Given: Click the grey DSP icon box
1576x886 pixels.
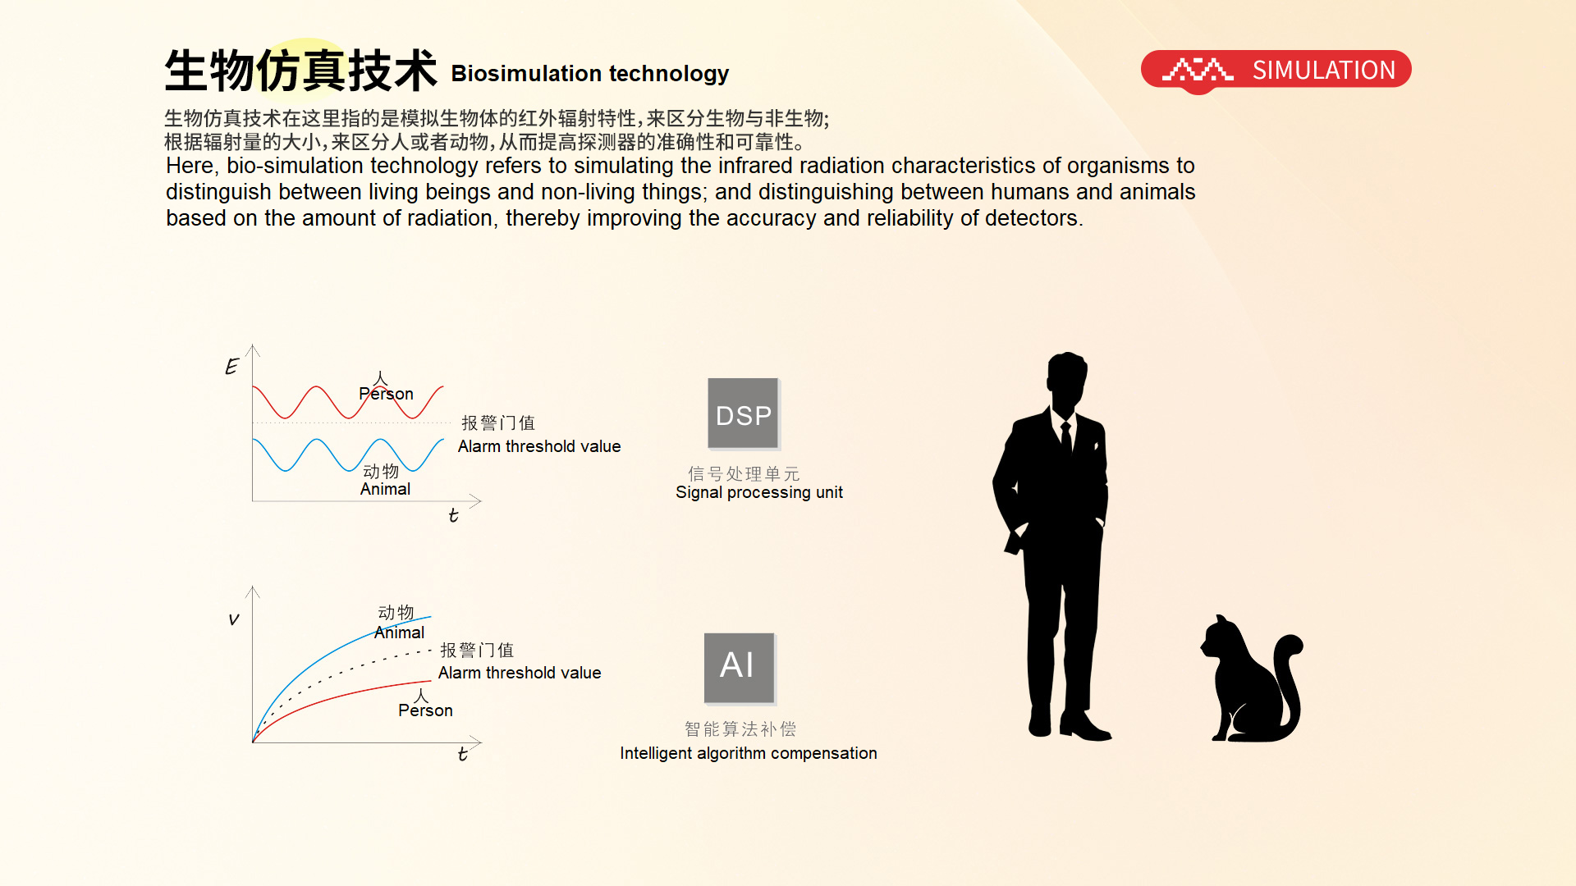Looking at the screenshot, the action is tap(743, 413).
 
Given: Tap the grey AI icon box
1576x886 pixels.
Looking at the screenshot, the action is tap(740, 668).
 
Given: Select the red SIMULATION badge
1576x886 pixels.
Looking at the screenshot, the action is tap(1276, 71).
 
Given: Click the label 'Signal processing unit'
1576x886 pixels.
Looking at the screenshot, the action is tap(759, 492).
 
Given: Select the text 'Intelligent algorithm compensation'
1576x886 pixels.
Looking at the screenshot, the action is tap(749, 753).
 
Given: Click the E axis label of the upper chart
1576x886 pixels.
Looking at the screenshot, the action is tap(232, 366).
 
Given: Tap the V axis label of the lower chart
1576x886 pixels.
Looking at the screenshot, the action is tap(234, 619).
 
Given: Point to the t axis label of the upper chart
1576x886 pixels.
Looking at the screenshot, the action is tap(453, 515).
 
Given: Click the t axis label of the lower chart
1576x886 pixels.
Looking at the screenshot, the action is tap(463, 754).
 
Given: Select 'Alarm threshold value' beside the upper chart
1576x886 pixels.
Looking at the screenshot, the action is tap(539, 446).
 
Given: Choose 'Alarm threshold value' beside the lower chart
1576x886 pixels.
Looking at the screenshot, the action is tap(520, 673).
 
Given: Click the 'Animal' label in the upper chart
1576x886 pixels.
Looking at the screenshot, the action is tap(385, 489).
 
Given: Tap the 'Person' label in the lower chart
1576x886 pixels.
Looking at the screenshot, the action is tap(425, 710).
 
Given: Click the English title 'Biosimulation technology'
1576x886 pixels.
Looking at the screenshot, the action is tap(590, 74).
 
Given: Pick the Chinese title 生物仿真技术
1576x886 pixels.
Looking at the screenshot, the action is tap(300, 71).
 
